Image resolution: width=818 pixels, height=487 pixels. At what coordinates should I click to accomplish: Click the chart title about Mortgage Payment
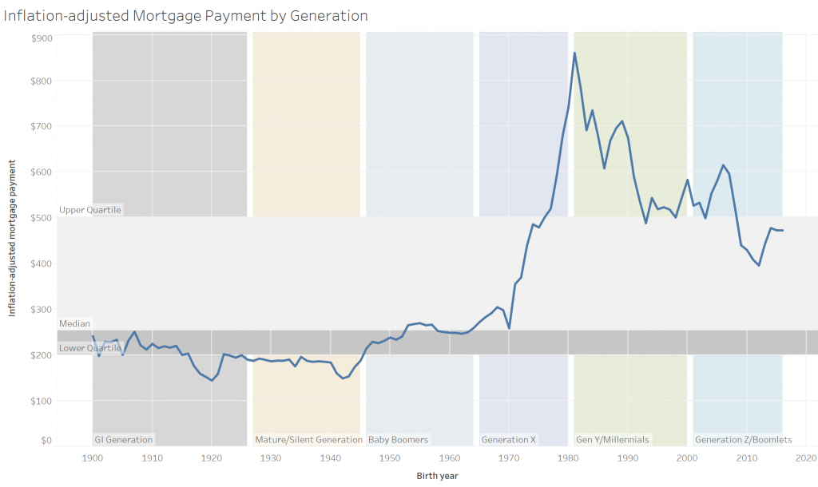[x=185, y=15]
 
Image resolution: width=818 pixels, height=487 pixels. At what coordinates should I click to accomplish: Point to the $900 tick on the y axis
[x=42, y=38]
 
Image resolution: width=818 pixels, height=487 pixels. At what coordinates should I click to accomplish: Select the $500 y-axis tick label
[x=42, y=217]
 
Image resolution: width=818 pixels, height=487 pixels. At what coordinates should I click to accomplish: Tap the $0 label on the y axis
[x=46, y=440]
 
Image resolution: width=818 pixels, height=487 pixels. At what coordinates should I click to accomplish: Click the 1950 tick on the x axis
[x=390, y=458]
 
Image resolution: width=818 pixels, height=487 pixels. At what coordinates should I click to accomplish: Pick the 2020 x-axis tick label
[x=805, y=458]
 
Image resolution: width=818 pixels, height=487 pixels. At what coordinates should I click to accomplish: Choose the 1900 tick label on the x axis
[x=93, y=458]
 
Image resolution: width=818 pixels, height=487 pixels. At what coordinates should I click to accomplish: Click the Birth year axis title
[x=437, y=475]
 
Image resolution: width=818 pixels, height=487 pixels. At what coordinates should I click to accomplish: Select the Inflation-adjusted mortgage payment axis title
[x=13, y=236]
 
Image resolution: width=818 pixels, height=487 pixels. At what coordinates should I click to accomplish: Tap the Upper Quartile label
[x=90, y=210]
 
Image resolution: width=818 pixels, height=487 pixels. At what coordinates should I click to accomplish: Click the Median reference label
[x=75, y=324]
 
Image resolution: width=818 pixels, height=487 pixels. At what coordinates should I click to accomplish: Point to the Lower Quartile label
[x=89, y=349]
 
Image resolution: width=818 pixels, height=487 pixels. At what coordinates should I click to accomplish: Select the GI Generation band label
[x=124, y=440]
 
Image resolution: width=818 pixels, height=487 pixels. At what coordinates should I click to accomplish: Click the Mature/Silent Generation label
[x=308, y=440]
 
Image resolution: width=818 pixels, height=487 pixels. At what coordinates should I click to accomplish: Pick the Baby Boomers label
[x=399, y=440]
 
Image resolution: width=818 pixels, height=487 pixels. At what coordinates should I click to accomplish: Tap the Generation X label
[x=509, y=440]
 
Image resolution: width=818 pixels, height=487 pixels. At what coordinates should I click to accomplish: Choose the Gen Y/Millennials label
[x=613, y=440]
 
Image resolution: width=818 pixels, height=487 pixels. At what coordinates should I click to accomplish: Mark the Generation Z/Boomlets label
[x=744, y=440]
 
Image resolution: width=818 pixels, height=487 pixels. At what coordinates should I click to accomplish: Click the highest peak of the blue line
[x=574, y=53]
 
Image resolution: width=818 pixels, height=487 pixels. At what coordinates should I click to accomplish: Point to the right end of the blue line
[x=783, y=231]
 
